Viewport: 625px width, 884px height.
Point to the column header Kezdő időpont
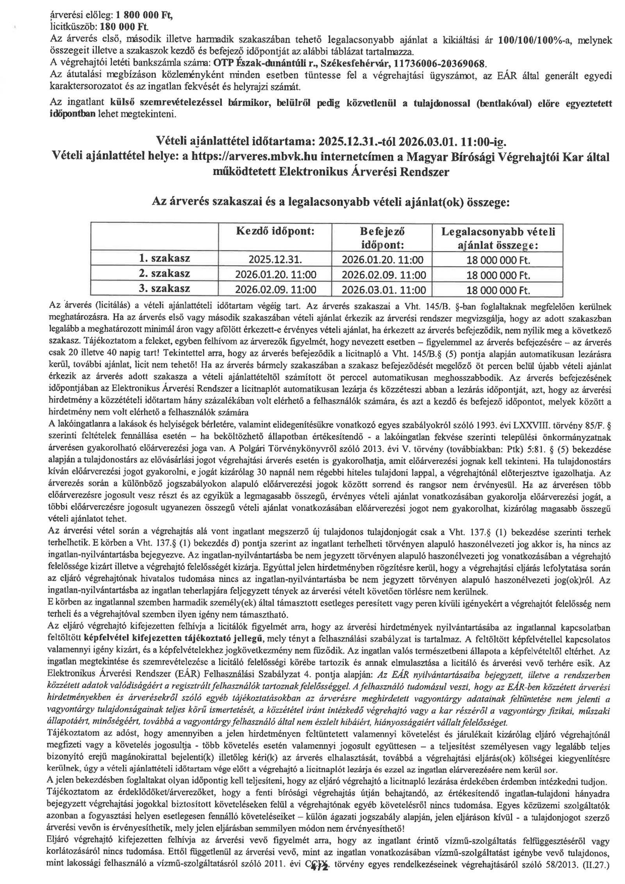(x=275, y=231)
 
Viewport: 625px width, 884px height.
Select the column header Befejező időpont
(x=382, y=238)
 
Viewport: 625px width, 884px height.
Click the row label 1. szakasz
(x=164, y=258)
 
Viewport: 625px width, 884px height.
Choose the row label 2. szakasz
(x=164, y=273)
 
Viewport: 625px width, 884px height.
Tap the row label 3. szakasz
(x=164, y=289)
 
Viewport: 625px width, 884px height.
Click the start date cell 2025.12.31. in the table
(x=275, y=259)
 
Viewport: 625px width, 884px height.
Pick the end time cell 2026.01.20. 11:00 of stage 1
(x=382, y=259)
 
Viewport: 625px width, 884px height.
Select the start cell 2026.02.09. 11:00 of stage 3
(x=275, y=290)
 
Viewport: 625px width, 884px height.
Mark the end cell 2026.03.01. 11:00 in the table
(x=382, y=290)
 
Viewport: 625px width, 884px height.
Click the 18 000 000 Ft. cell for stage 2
(x=498, y=275)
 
